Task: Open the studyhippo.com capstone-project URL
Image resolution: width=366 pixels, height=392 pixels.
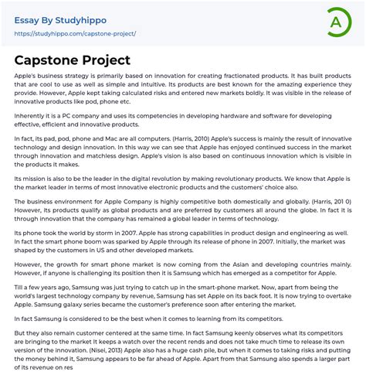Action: (76, 34)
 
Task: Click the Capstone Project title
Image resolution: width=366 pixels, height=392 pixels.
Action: (73, 60)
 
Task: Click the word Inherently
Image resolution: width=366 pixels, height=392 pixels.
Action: (30, 118)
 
